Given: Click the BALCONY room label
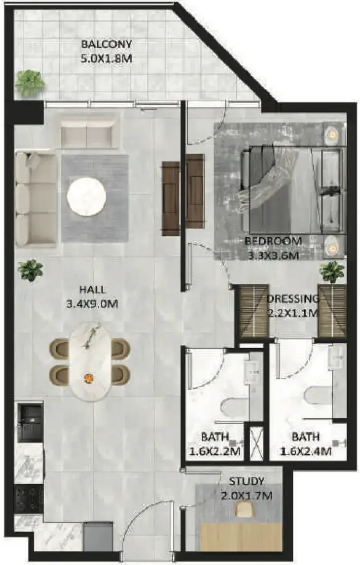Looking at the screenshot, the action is (107, 44).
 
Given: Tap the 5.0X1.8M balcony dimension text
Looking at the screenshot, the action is (106, 59).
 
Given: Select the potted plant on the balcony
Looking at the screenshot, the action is (30, 83).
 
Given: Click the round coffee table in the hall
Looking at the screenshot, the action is (86, 197).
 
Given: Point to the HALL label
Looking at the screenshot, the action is (92, 289).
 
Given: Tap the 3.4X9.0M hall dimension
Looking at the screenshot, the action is (92, 304).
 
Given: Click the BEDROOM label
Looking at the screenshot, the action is (273, 241).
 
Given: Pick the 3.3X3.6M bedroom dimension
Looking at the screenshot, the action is (273, 256).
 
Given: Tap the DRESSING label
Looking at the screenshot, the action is (293, 299).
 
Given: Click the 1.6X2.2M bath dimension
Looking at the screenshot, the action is (215, 451).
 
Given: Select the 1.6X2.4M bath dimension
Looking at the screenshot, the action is (306, 451).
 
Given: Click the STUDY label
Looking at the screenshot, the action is (247, 481).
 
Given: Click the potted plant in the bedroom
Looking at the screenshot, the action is (332, 272).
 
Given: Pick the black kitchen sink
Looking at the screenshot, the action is (30, 422).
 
